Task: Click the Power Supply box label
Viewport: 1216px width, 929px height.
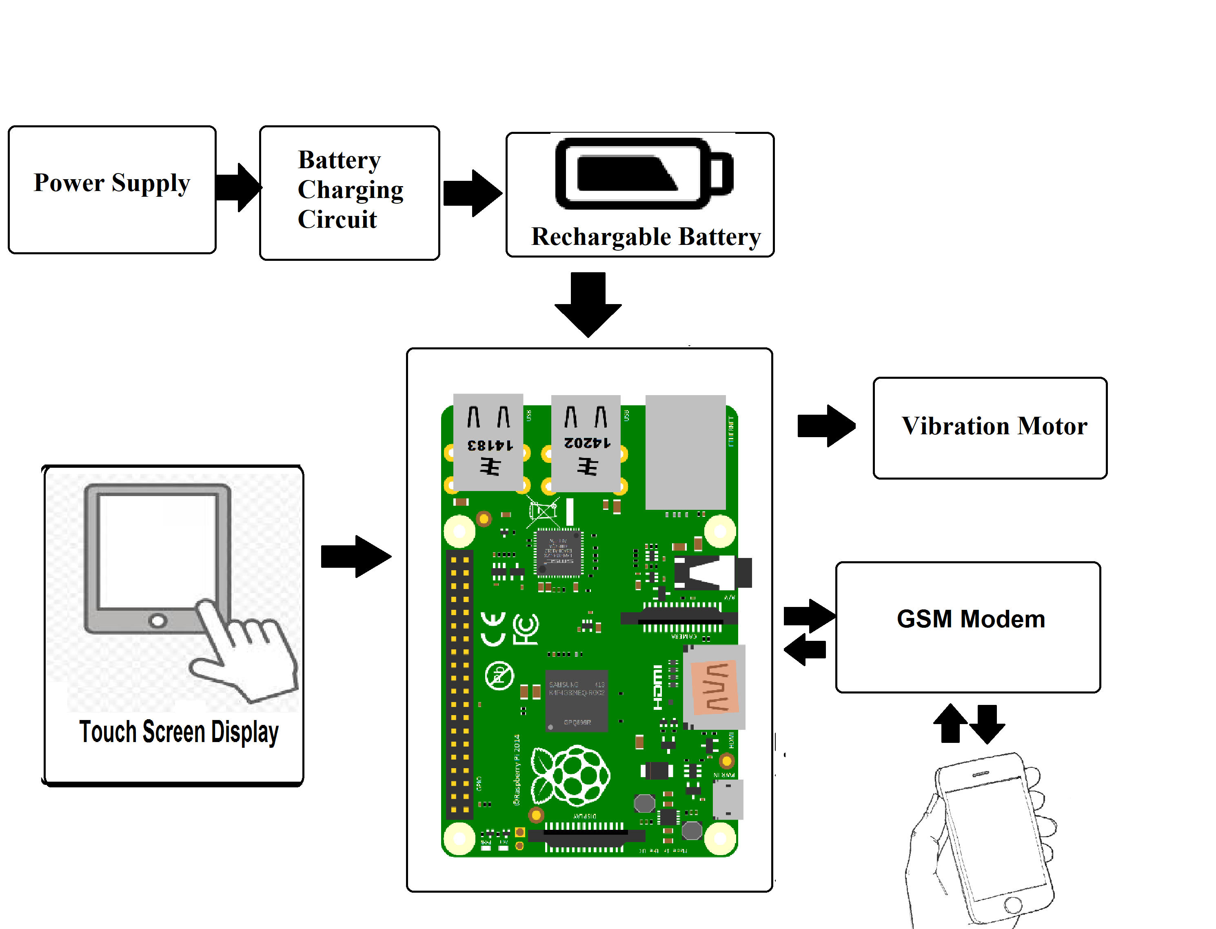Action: (112, 183)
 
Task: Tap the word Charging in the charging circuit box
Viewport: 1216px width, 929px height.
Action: (351, 190)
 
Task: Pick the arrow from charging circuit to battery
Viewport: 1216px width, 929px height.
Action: (473, 193)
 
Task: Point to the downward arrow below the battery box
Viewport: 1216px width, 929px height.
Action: (588, 304)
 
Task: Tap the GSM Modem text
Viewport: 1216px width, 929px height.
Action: (971, 619)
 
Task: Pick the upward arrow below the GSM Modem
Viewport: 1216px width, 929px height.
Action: (950, 723)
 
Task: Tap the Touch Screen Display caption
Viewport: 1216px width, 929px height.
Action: (179, 731)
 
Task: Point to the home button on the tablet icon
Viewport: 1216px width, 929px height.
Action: (158, 620)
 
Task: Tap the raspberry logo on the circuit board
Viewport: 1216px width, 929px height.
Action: (570, 776)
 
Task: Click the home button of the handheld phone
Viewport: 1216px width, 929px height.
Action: (1013, 905)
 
